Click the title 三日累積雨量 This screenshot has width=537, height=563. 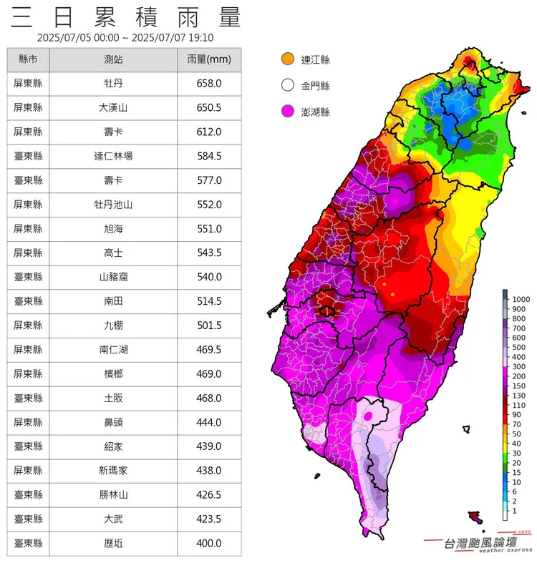point(126,16)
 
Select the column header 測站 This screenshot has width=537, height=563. point(113,59)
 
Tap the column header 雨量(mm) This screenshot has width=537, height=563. point(208,59)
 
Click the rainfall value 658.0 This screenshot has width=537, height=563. point(208,84)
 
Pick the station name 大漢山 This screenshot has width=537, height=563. point(113,108)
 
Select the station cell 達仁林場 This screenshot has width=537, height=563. point(113,156)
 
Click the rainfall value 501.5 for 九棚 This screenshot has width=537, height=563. point(208,325)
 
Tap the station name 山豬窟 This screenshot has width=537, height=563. point(113,277)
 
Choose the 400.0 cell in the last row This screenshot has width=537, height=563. point(208,543)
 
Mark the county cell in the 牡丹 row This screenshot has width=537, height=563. point(28,84)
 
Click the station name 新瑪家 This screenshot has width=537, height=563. point(113,471)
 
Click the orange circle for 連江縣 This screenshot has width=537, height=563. point(288,59)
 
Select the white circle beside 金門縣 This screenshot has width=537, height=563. point(288,86)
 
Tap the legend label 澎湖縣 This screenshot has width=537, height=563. point(316,112)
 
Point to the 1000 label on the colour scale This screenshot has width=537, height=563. point(521,298)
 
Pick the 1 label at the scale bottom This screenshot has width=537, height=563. point(514,512)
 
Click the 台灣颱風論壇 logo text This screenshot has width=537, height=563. point(480,543)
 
